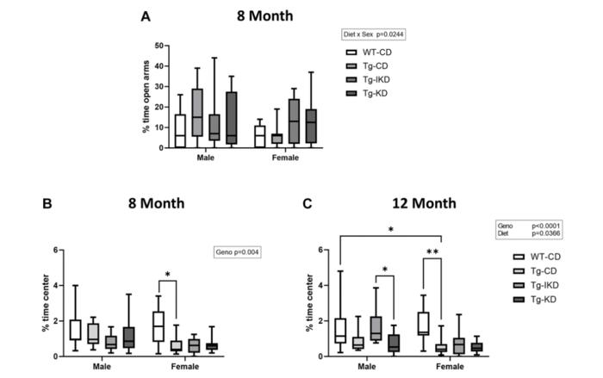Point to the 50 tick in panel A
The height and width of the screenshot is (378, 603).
[161, 46]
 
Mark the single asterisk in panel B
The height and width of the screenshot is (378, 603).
[169, 275]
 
